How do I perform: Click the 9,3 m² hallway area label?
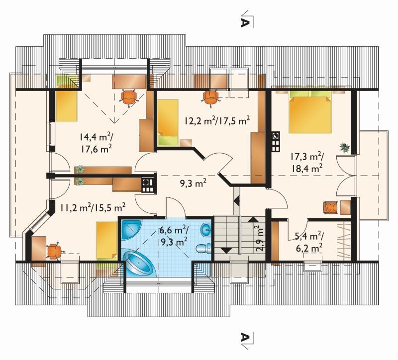[x=193, y=183]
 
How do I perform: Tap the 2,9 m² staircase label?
[x=260, y=238]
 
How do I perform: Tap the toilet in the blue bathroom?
[x=203, y=248]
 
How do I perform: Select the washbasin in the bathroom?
[x=206, y=230]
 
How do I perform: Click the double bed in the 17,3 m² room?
[x=310, y=111]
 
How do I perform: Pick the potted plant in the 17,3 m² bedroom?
[x=344, y=147]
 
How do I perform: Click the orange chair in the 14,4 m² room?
[x=129, y=97]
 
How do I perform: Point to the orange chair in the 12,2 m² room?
[x=210, y=97]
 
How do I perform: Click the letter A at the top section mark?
[x=244, y=22]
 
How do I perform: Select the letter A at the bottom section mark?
[x=244, y=337]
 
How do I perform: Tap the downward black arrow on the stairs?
[x=226, y=251]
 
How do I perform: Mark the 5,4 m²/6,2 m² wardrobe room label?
[x=308, y=242]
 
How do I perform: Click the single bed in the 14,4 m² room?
[x=66, y=103]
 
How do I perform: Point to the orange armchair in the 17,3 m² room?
[x=330, y=207]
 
